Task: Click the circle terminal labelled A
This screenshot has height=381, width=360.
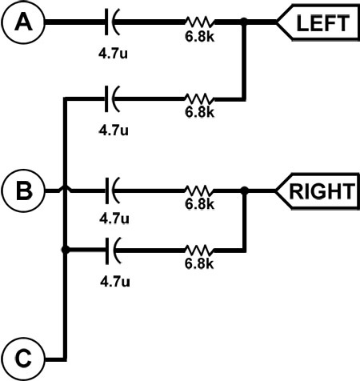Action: tap(23, 22)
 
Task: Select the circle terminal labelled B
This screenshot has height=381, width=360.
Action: tap(24, 190)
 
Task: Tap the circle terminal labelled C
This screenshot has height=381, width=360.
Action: tap(23, 359)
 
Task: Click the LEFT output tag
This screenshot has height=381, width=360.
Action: tap(318, 22)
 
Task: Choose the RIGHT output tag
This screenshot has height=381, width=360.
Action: tap(317, 191)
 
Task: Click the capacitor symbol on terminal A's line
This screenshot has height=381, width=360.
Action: tap(112, 22)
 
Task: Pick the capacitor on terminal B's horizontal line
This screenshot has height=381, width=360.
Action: tap(112, 190)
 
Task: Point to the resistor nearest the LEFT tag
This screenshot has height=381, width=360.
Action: tap(199, 22)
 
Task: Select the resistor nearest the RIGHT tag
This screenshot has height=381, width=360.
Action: tap(199, 190)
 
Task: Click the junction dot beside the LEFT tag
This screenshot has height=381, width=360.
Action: tap(243, 21)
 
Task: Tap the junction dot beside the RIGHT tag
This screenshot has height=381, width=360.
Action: tap(244, 190)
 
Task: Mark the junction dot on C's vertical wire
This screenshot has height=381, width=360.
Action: tap(65, 250)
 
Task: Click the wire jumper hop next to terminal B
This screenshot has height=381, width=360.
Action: tap(65, 189)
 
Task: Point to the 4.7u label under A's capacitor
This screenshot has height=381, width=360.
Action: tap(113, 54)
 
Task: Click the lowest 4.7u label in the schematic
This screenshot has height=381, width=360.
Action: tap(115, 282)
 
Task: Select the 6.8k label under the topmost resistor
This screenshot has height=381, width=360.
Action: tap(199, 37)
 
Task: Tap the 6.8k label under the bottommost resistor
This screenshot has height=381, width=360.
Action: tap(199, 264)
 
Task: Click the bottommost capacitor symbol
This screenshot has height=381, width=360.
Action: tap(112, 251)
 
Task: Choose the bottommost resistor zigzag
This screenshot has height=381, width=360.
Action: tap(199, 251)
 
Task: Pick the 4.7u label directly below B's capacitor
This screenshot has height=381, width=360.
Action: tap(114, 219)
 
